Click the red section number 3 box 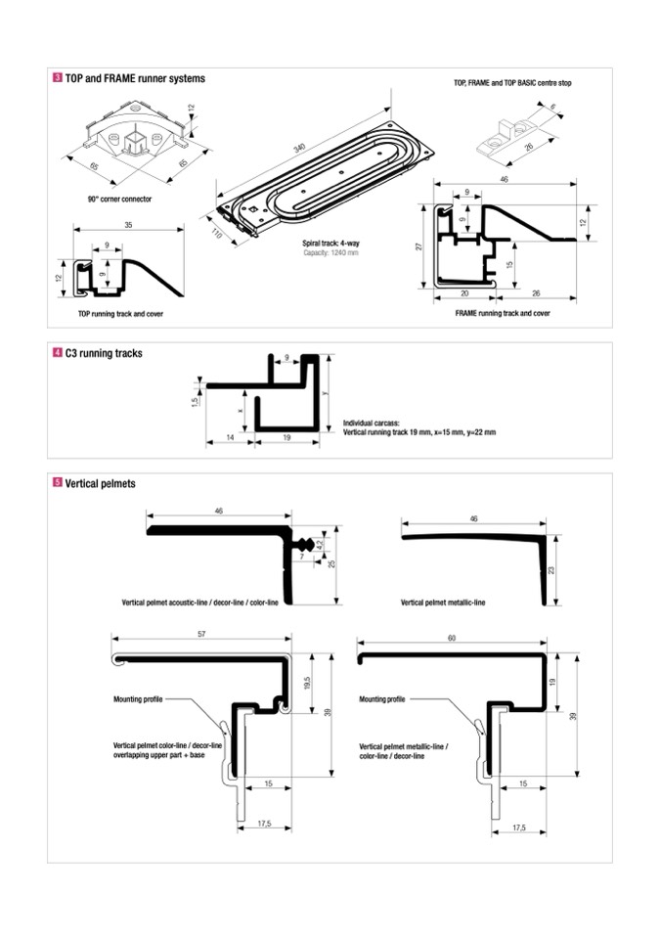(x=58, y=77)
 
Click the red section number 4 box (x=58, y=353)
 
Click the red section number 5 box (x=58, y=483)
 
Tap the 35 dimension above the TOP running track (x=128, y=224)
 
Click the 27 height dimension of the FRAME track (x=418, y=247)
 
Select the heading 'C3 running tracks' (x=104, y=353)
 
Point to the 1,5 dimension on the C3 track (x=197, y=400)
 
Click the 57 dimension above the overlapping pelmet (x=201, y=636)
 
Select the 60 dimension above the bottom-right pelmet (x=452, y=638)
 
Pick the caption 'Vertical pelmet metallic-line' (x=443, y=603)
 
